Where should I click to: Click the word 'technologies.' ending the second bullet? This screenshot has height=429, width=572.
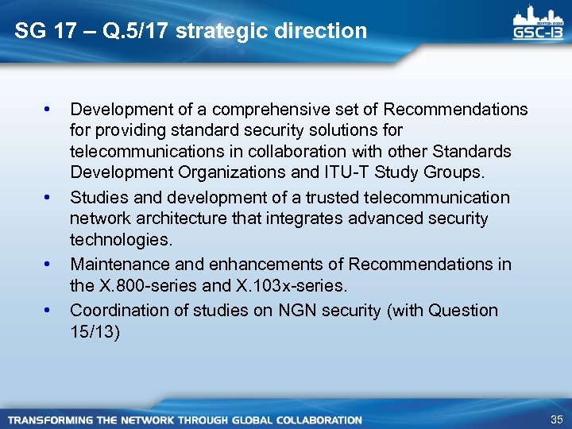[121, 240]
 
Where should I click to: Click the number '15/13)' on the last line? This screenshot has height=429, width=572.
[95, 331]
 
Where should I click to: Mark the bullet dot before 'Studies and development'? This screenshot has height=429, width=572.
[49, 196]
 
